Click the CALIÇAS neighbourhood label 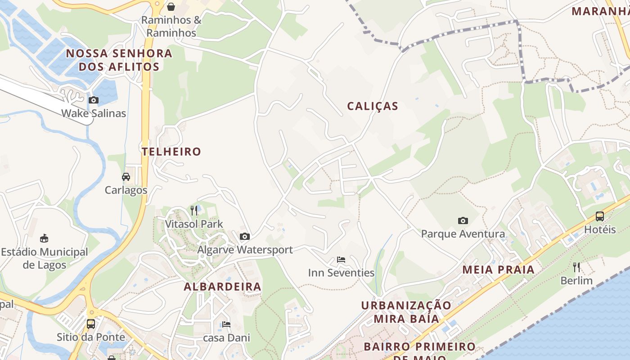point(373,106)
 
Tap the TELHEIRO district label point(171,152)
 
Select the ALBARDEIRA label point(222,287)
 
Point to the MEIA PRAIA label point(499,270)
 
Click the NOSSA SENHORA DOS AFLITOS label point(119,60)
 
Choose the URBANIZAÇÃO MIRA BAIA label point(406,312)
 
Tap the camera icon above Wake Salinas point(94,100)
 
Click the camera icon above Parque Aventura point(463,220)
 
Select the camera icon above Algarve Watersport point(245,236)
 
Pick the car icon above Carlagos point(126,177)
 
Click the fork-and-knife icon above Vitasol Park point(194,210)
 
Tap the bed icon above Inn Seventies point(341,260)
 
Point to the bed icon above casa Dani point(226,324)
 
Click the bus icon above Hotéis point(600,216)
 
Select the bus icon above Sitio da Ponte point(91,324)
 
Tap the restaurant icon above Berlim point(576,267)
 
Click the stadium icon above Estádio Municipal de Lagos point(44,238)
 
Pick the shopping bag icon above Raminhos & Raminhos point(171,7)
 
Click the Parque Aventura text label point(463,234)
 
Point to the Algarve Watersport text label point(245,250)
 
